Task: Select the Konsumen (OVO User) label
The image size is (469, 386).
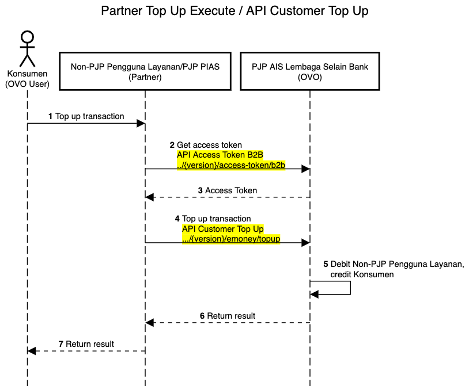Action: click(x=27, y=79)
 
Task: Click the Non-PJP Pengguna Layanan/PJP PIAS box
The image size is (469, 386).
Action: click(x=145, y=71)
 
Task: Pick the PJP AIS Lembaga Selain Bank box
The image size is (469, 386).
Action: click(x=309, y=71)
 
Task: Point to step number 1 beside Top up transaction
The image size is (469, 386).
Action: click(x=51, y=116)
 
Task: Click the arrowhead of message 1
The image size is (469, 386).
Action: click(x=140, y=123)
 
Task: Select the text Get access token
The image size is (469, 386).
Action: click(x=209, y=145)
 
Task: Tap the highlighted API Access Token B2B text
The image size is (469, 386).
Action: click(x=220, y=155)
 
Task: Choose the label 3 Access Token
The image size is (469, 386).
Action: click(x=227, y=190)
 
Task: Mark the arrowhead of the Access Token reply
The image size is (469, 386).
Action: click(x=150, y=197)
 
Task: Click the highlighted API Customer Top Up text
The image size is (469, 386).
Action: click(x=222, y=229)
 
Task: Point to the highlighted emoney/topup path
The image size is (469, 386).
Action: click(x=231, y=239)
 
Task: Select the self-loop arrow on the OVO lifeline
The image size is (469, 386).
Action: click(x=350, y=288)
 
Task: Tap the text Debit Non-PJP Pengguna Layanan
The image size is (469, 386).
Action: click(x=397, y=265)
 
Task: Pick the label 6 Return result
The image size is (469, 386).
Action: click(x=228, y=316)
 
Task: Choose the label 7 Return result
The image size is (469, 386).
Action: click(x=86, y=344)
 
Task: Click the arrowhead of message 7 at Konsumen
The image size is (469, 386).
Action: click(x=32, y=351)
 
